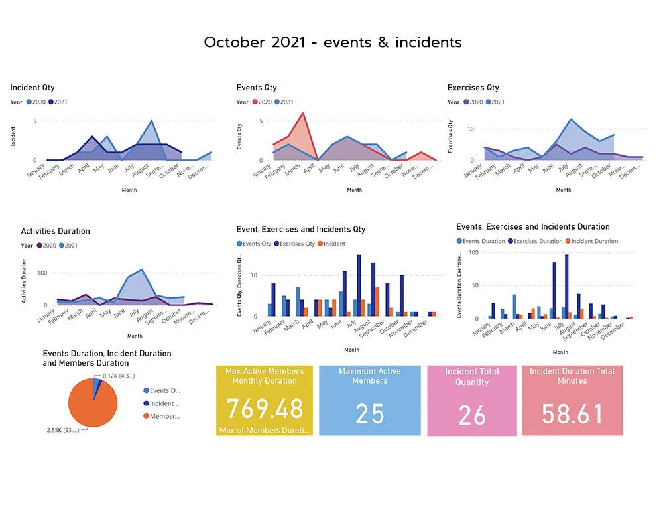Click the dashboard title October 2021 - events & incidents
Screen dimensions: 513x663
333,42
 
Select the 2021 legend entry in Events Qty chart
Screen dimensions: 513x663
285,102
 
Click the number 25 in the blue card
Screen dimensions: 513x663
369,413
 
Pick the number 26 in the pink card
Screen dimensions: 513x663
472,415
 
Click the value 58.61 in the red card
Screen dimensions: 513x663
572,413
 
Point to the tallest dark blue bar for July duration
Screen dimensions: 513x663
566,286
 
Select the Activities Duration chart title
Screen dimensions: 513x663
55,231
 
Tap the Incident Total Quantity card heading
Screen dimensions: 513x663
472,377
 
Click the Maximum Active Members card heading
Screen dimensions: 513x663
369,376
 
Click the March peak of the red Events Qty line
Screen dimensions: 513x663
303,113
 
